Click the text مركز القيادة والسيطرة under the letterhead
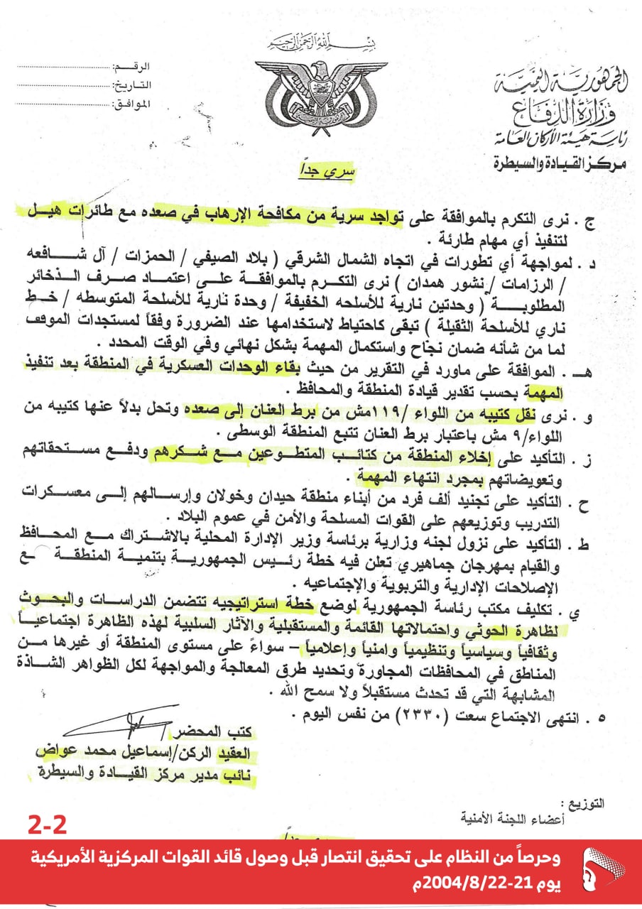click(557, 163)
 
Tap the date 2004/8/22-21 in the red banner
click(491, 885)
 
